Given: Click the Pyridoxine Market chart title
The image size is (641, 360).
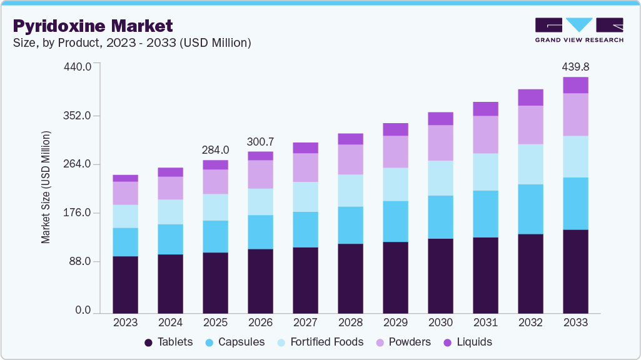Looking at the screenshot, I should tap(93, 26).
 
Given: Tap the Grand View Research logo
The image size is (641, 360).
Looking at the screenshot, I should tap(579, 30).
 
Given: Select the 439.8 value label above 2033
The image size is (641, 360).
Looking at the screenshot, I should tap(575, 66).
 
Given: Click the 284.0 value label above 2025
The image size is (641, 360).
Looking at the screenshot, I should tap(215, 150).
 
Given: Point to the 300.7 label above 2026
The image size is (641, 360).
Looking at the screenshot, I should tap(260, 141).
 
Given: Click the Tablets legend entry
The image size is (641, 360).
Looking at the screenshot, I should tap(169, 342).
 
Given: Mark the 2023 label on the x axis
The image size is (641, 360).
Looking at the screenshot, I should tap(125, 322).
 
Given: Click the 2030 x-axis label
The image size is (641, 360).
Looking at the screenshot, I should tap(440, 322).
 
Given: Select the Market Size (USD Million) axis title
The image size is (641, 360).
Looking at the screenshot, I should tap(46, 187).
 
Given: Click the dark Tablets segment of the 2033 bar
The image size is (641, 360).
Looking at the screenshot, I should tap(575, 271).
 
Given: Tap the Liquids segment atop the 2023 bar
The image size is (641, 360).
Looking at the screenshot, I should tap(125, 178).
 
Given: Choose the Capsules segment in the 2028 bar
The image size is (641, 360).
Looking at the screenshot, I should tap(350, 225).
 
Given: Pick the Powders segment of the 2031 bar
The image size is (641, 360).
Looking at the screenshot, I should tap(485, 134).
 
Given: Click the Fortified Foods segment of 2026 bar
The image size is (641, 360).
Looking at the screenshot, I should tap(260, 201).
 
